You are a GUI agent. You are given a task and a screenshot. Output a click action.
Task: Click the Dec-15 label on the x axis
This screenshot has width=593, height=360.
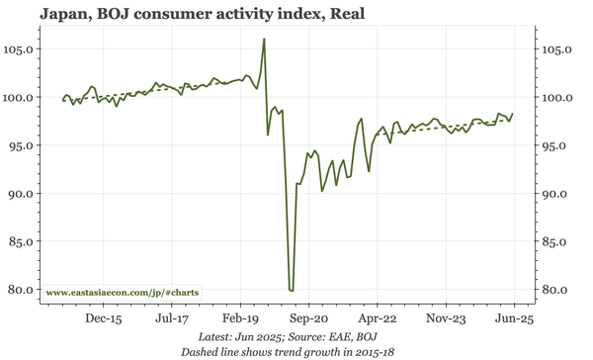(x=103, y=319)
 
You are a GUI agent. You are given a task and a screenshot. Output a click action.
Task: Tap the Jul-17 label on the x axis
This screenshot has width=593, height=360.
(x=171, y=319)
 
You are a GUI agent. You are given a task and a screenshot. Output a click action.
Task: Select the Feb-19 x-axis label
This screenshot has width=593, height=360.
(x=240, y=319)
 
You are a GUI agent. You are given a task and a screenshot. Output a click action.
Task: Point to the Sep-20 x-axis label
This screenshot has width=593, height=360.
(x=308, y=319)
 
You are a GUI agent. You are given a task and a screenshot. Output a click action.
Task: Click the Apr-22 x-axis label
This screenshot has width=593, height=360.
(x=377, y=319)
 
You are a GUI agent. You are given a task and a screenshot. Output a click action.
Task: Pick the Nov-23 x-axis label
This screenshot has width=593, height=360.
(x=445, y=319)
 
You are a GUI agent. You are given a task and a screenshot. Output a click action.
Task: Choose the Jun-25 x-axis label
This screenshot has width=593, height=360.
(x=513, y=319)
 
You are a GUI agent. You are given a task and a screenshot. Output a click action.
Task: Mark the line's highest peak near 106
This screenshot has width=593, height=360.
(x=264, y=40)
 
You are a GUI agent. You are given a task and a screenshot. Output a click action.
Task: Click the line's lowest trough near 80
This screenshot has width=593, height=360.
(x=291, y=289)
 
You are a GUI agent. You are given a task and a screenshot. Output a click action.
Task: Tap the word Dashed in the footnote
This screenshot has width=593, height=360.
(x=201, y=351)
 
